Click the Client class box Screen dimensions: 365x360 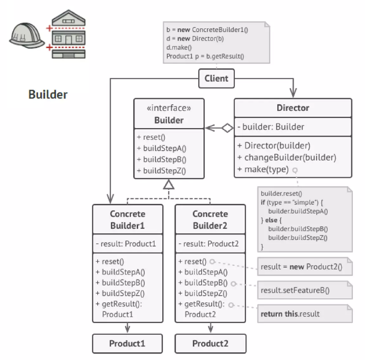pyautogui.click(x=216, y=78)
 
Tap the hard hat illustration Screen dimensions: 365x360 pyautogui.click(x=27, y=35)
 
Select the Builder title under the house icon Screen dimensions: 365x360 pyautogui.click(x=48, y=94)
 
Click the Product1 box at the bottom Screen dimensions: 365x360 pyautogui.click(x=127, y=343)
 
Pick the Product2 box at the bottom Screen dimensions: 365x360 pyautogui.click(x=210, y=343)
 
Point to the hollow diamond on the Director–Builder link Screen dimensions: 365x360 pyautogui.click(x=227, y=128)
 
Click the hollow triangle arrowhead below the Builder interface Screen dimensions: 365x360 pyautogui.click(x=169, y=184)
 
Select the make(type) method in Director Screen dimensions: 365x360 pyautogui.click(x=263, y=169)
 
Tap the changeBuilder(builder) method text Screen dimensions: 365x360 pyautogui.click(x=286, y=157)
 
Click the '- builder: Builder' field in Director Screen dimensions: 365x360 pyautogui.click(x=271, y=127)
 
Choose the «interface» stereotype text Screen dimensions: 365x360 pyautogui.click(x=169, y=108)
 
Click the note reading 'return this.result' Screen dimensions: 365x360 pyautogui.click(x=305, y=314)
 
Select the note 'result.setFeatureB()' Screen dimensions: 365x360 pyautogui.click(x=305, y=290)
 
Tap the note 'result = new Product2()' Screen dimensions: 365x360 pyautogui.click(x=305, y=266)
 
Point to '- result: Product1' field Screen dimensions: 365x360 pyautogui.click(x=126, y=244)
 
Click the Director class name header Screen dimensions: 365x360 pyautogui.click(x=293, y=108)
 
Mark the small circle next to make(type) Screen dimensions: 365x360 pyautogui.click(x=295, y=171)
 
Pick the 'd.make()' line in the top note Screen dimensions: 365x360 pyautogui.click(x=179, y=48)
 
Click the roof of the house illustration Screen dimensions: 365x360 pyautogui.click(x=68, y=18)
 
